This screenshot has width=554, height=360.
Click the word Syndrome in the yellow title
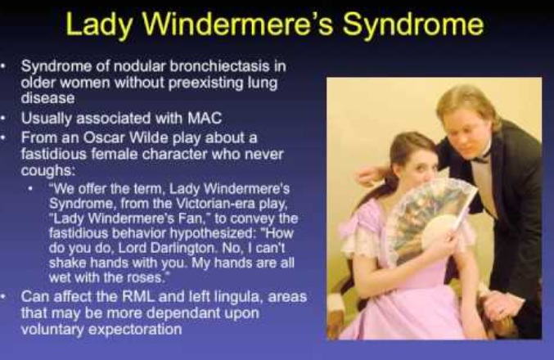(x=413, y=25)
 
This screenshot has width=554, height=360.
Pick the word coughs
(x=48, y=171)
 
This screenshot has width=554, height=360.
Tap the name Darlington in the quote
(x=183, y=248)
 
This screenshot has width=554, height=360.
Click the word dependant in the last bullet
(x=177, y=313)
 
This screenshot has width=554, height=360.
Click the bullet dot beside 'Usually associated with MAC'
(x=3, y=118)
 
